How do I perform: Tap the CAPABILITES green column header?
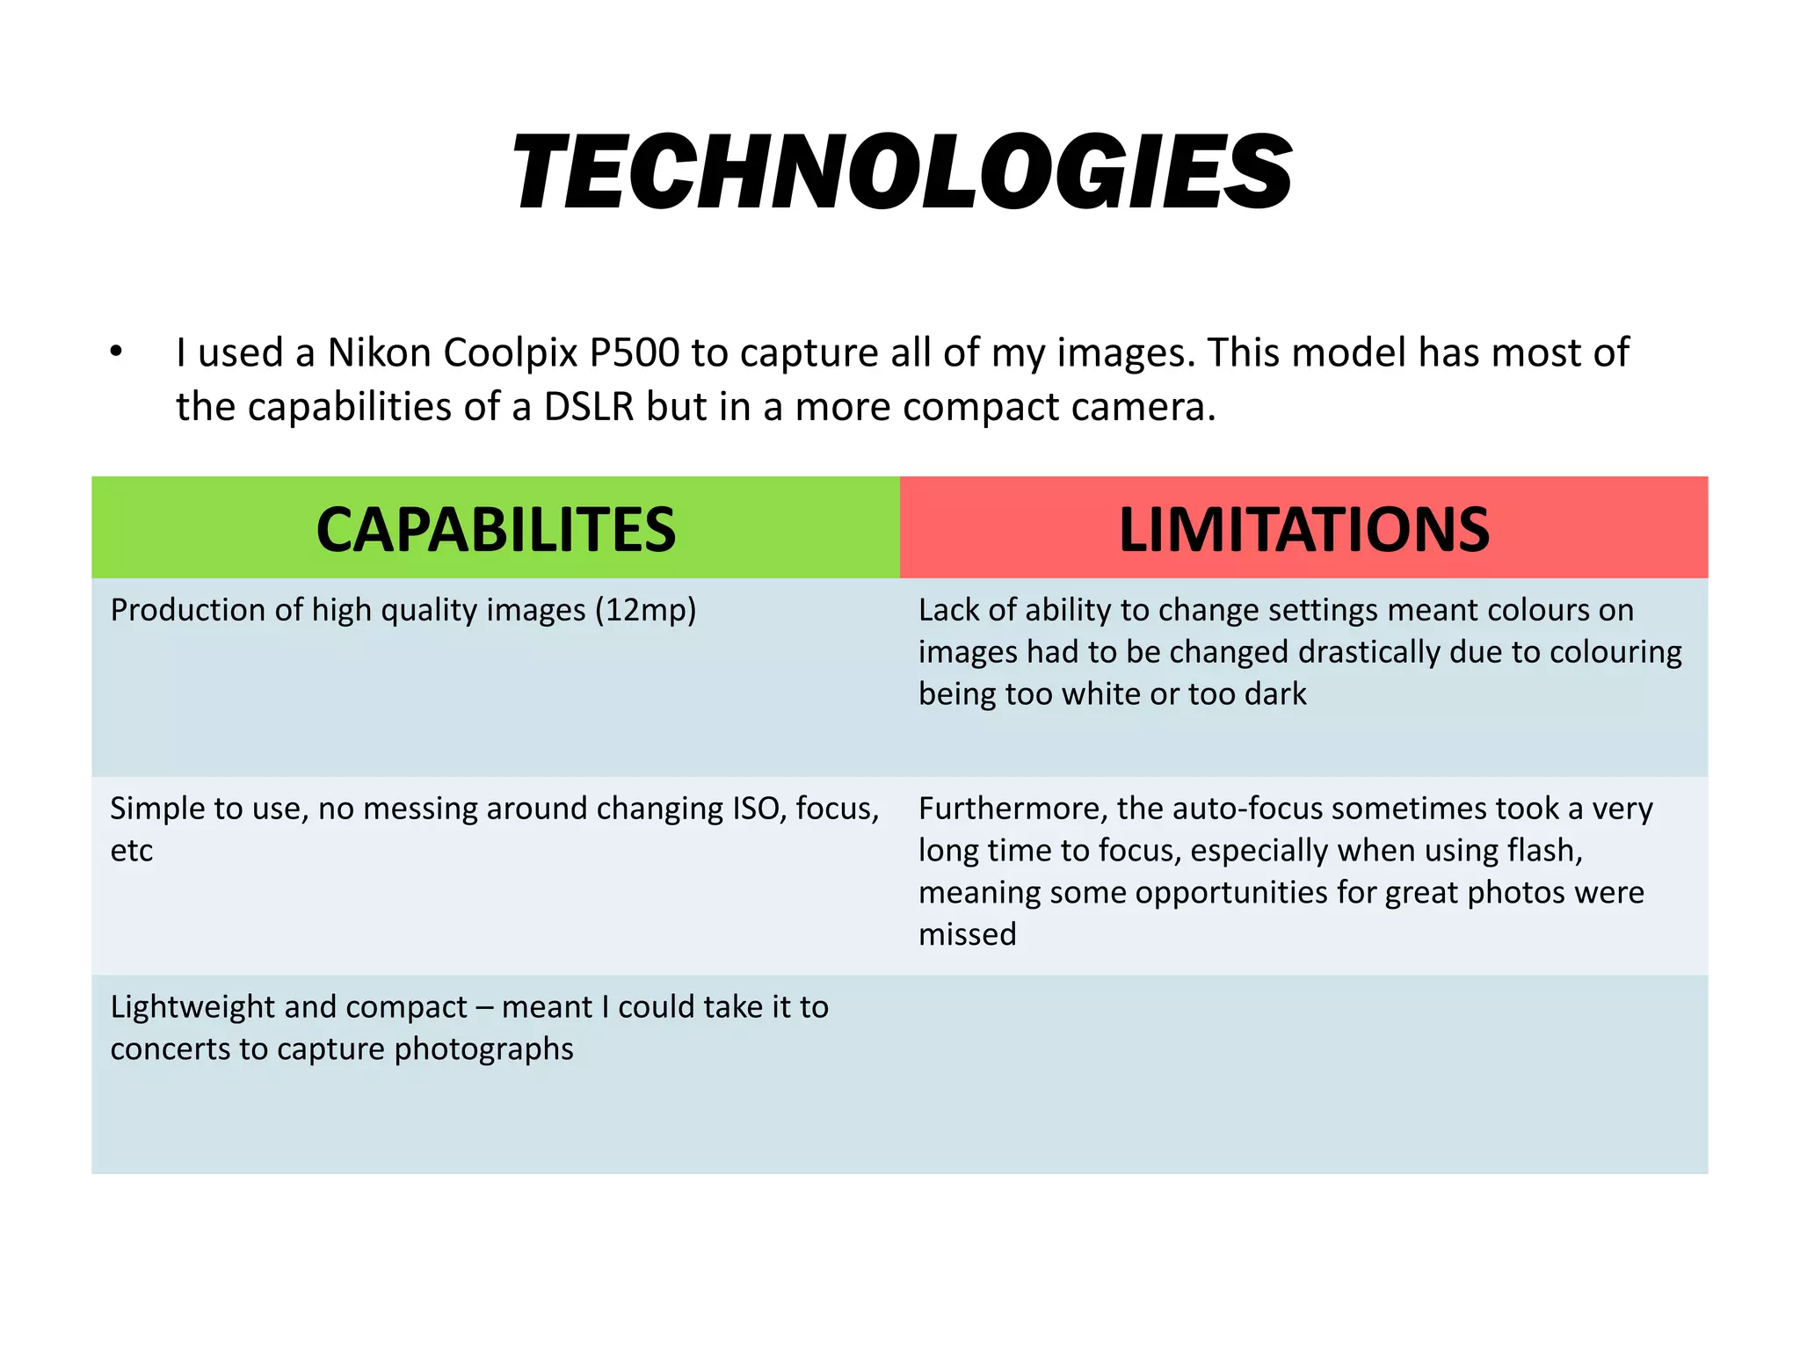(496, 530)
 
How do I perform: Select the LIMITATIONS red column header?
(1303, 530)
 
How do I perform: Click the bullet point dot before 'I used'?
(116, 352)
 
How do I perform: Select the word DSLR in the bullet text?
(588, 407)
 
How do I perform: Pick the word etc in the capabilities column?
(132, 851)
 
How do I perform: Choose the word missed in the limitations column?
(967, 934)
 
